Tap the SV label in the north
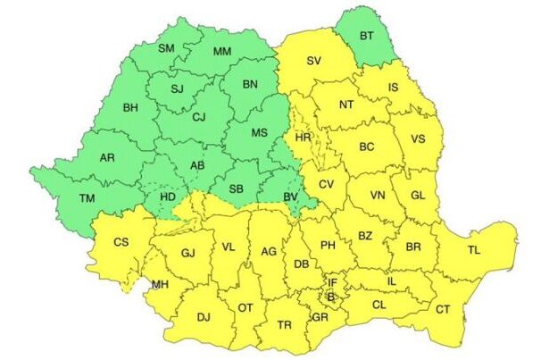pos(312,61)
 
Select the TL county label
pos(473,249)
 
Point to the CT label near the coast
pos(442,308)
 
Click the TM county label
pos(87,198)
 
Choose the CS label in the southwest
pos(121,241)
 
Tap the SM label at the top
pos(166,47)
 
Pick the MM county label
pos(222,51)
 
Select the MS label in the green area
pos(259,132)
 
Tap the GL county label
pos(420,195)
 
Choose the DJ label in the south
pos(204,316)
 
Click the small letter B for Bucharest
pos(330,296)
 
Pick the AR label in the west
pos(107,158)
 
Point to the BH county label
pos(130,108)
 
